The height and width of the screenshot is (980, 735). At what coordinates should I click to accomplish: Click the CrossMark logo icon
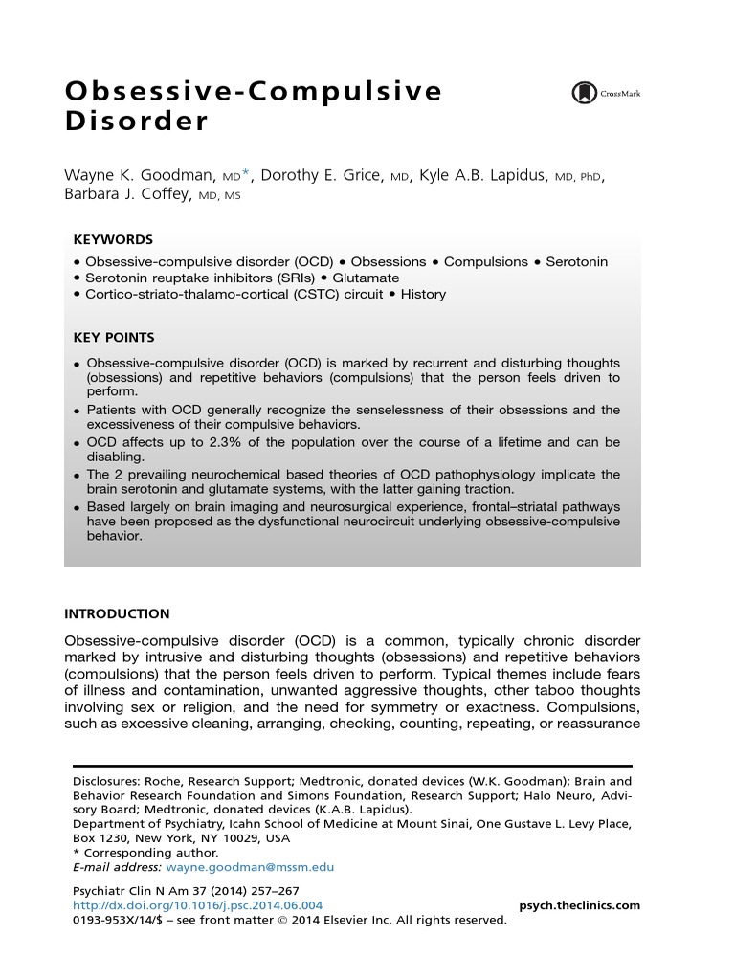click(583, 94)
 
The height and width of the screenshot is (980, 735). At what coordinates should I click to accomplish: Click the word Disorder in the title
click(136, 123)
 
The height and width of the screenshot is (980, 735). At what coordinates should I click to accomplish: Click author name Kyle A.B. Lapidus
click(484, 175)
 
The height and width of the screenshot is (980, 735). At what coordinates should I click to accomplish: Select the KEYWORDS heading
click(113, 240)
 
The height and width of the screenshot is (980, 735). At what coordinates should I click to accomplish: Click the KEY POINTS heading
click(114, 338)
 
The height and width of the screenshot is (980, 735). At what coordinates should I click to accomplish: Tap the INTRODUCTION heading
click(117, 613)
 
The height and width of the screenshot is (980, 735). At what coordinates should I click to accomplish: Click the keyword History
click(423, 294)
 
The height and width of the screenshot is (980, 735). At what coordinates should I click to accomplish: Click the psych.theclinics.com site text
click(579, 905)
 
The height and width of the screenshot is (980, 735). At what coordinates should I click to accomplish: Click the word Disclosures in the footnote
click(108, 781)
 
